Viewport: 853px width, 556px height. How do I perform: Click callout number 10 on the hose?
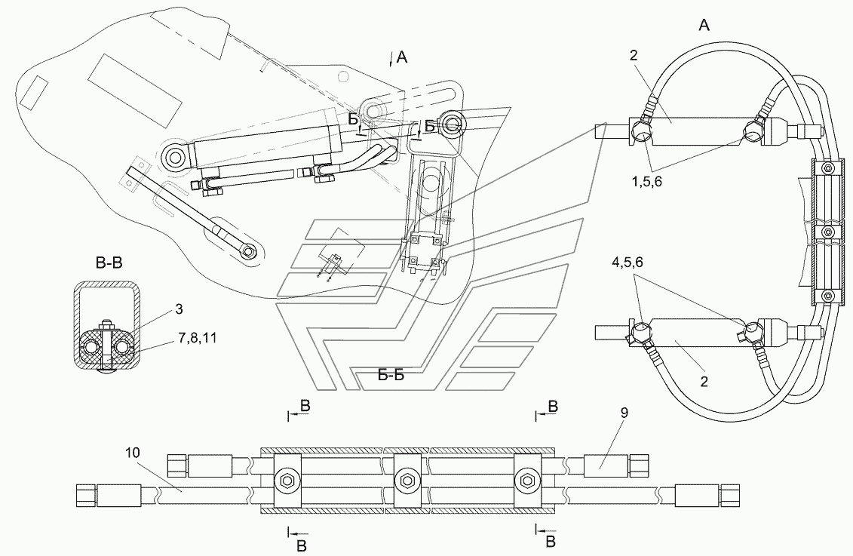[x=133, y=453]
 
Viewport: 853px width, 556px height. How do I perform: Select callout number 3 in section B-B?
[x=179, y=309]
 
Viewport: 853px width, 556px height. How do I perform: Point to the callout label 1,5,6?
[x=647, y=183]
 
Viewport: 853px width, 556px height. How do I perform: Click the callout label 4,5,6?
[x=627, y=263]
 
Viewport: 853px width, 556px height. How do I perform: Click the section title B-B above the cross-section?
[x=109, y=264]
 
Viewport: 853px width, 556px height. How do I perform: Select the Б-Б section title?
[x=391, y=375]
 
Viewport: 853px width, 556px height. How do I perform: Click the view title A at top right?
[x=704, y=25]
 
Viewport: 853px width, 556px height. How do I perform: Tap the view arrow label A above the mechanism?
[x=402, y=57]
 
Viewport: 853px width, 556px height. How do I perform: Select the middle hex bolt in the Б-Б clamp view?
[x=406, y=481]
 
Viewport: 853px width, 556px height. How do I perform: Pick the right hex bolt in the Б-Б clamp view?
[x=526, y=481]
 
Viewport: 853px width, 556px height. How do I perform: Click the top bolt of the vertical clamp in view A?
[x=828, y=168]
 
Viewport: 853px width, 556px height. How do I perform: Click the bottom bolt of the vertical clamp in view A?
[x=828, y=296]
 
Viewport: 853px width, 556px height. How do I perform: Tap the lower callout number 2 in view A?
[x=704, y=382]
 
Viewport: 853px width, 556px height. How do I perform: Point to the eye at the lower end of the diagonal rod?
[x=249, y=251]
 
